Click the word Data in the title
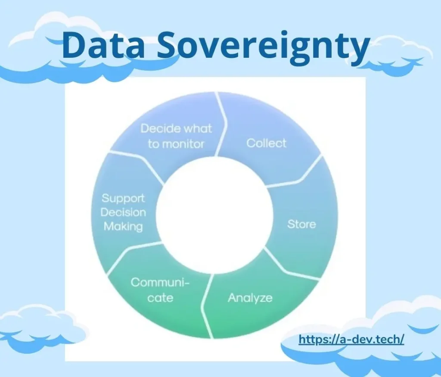[103, 45]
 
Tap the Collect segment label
[266, 143]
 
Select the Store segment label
[301, 224]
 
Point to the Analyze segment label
[250, 298]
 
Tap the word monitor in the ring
[183, 144]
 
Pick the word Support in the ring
[123, 198]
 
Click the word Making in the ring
[123, 227]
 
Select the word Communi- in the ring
[160, 282]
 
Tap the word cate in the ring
[160, 298]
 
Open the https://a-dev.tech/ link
[351, 340]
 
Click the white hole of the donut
[214, 215]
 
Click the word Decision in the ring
[123, 212]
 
